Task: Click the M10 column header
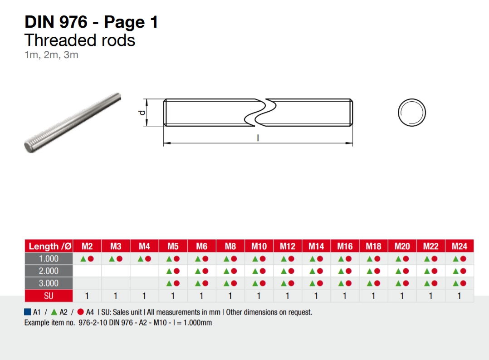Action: pos(259,246)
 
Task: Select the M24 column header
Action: pos(460,246)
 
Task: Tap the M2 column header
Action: pos(87,246)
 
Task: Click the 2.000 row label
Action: pos(49,271)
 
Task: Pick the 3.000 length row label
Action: pos(49,283)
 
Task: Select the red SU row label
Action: pos(49,296)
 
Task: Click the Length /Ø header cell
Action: pos(49,246)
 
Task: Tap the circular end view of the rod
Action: pos(412,112)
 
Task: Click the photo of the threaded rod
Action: pos(73,123)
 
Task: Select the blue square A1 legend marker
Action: pos(28,312)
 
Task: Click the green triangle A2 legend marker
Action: pos(54,312)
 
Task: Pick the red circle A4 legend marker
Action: pos(81,312)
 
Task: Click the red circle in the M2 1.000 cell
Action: pos(91,259)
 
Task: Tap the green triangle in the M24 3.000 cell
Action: pos(455,283)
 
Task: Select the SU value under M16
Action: pos(345,296)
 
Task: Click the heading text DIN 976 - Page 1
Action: pos(91,22)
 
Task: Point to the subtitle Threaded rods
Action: pos(80,40)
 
